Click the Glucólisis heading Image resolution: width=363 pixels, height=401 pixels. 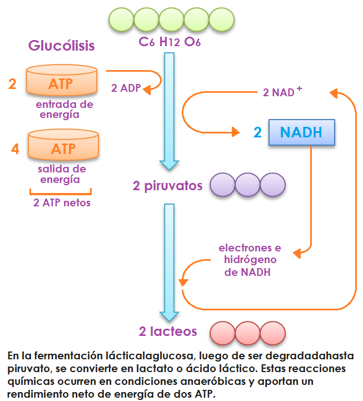point(62,46)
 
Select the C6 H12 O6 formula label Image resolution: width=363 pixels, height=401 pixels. point(170,41)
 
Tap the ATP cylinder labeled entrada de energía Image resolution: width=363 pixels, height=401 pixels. point(61,82)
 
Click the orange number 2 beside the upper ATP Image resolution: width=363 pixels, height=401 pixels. point(12,84)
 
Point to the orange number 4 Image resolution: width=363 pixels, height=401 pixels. point(15,149)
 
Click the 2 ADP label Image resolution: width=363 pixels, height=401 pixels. point(126,88)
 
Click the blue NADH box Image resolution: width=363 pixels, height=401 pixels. point(301,132)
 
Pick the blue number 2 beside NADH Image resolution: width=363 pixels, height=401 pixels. point(257,132)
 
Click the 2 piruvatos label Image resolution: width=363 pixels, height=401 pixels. point(167,186)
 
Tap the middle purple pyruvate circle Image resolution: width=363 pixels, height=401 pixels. point(247,185)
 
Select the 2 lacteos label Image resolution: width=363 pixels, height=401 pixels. point(168,331)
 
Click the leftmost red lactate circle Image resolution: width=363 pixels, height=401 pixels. point(223,333)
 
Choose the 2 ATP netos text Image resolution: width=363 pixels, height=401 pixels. point(62,202)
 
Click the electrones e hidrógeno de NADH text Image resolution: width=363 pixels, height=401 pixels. point(250,260)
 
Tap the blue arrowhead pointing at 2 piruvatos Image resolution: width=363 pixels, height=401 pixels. point(170,164)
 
